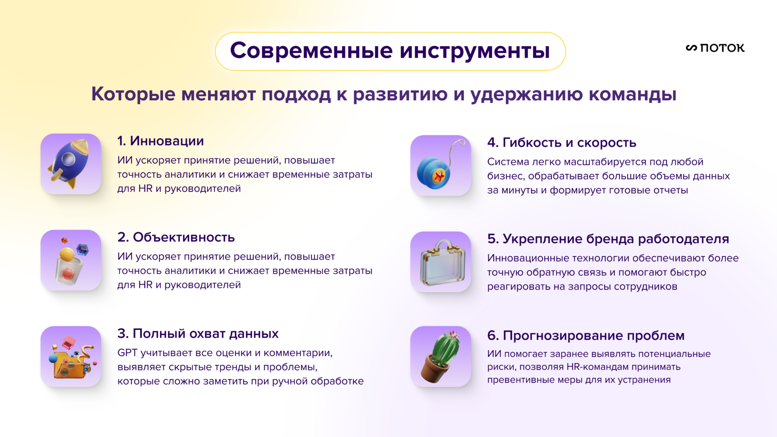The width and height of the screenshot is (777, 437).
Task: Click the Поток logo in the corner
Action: pyautogui.click(x=715, y=48)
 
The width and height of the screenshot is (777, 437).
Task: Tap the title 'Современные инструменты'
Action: pyautogui.click(x=390, y=51)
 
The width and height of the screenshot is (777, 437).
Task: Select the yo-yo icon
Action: pyautogui.click(x=440, y=166)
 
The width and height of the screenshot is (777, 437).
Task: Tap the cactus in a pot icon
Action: pyautogui.click(x=440, y=357)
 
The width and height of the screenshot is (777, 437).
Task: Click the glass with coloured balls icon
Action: pyautogui.click(x=71, y=260)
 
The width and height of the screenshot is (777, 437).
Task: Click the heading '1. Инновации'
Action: pyautogui.click(x=160, y=141)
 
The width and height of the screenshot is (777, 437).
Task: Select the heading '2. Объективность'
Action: pyautogui.click(x=176, y=237)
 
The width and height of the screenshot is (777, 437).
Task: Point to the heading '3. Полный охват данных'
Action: pyautogui.click(x=198, y=334)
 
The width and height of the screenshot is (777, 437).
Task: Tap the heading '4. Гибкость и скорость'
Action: pyautogui.click(x=562, y=142)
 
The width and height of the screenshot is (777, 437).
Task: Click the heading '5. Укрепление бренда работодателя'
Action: pyautogui.click(x=608, y=239)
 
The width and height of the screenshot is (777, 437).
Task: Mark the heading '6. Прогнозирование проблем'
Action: pyautogui.click(x=586, y=335)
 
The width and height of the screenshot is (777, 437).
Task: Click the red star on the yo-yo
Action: pyautogui.click(x=439, y=176)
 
